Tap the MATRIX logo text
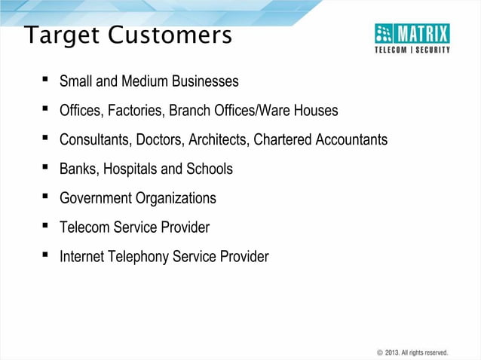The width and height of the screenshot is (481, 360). tap(423, 33)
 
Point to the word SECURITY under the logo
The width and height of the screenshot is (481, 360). tap(432, 50)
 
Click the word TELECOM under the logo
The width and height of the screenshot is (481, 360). tap(393, 50)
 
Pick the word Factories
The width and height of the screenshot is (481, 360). tap(136, 111)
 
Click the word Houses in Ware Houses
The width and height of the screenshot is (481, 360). tap(317, 111)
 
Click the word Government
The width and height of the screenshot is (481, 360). tap(96, 199)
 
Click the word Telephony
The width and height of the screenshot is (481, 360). tap(139, 257)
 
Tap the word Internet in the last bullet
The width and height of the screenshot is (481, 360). tap(82, 257)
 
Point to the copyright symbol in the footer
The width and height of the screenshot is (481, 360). tap(379, 352)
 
